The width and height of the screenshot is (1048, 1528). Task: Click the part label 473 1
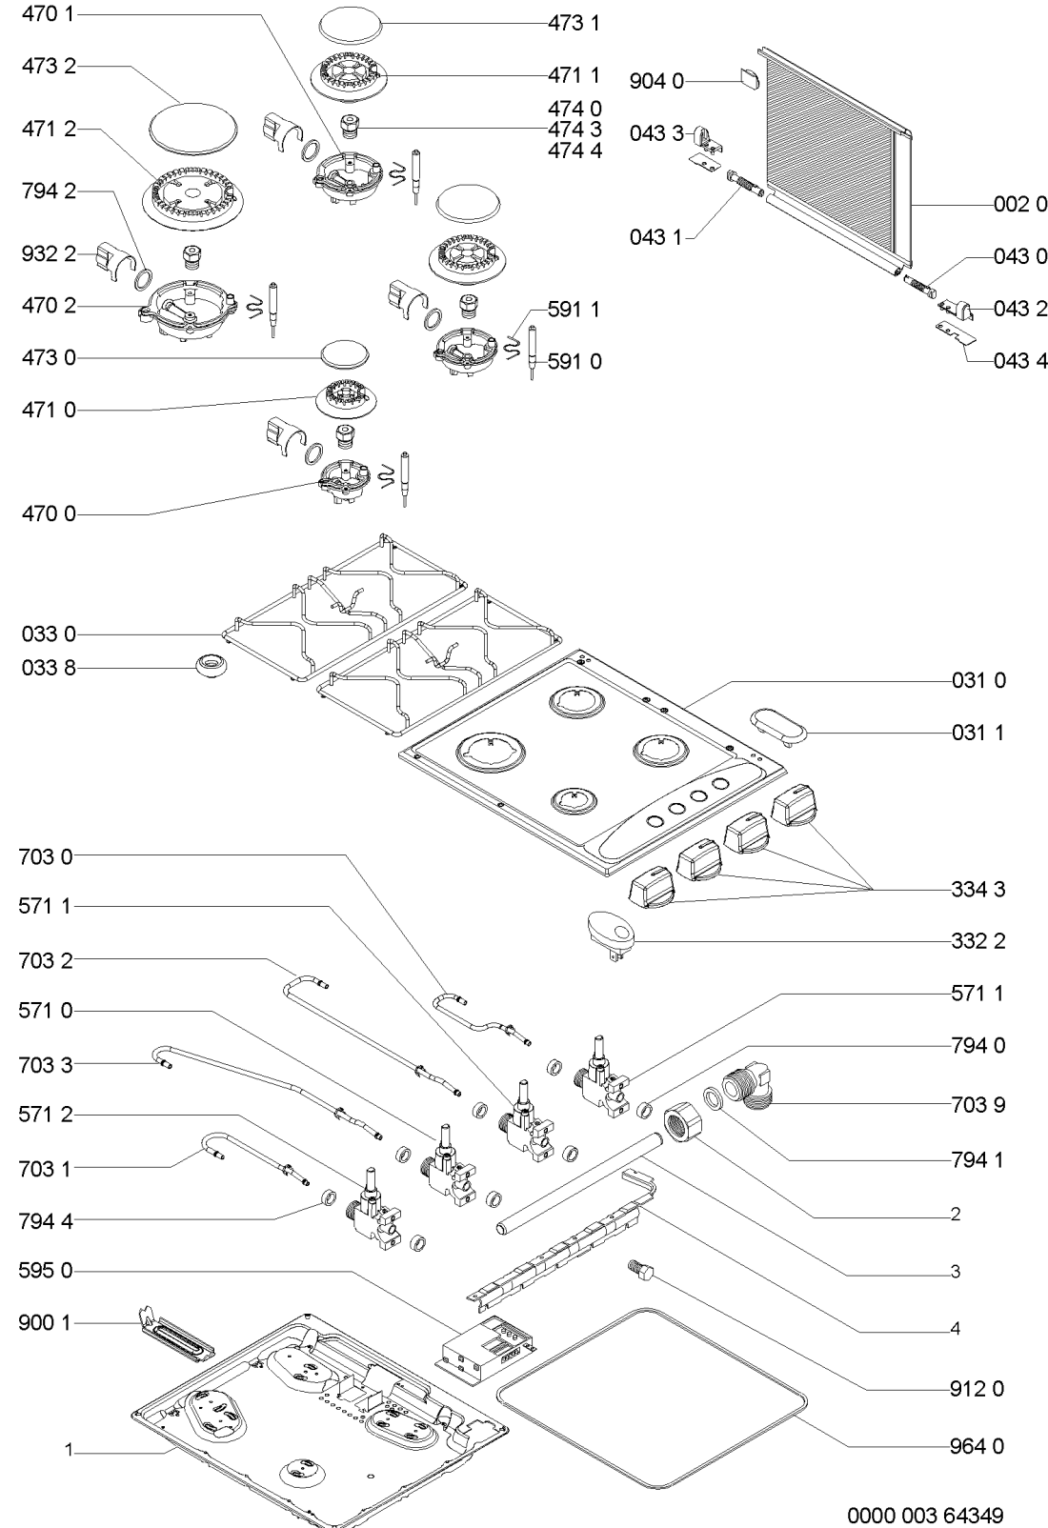pos(574,23)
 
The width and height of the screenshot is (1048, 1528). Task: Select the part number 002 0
pos(1020,205)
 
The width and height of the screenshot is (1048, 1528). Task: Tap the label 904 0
pos(656,83)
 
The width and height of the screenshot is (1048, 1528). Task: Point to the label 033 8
pos(48,669)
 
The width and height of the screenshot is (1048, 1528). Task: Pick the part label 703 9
pos(977,1105)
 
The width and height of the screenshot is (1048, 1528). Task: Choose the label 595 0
pos(45,1271)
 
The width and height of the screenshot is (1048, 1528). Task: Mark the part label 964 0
pos(977,1446)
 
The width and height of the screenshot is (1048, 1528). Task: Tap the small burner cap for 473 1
pos(347,21)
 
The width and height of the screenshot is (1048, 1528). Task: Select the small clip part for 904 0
pos(748,78)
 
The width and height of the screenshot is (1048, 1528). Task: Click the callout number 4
pos(955,1328)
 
